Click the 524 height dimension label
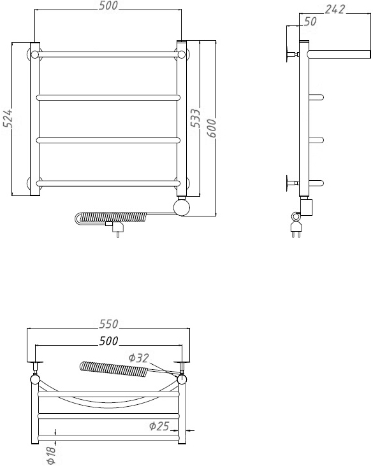(x=8, y=118)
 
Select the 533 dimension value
(x=195, y=118)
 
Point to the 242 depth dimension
(x=335, y=10)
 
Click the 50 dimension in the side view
(x=310, y=22)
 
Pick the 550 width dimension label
(x=108, y=323)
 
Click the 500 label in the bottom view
(x=108, y=341)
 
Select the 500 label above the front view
(x=108, y=6)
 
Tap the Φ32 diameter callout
(x=139, y=358)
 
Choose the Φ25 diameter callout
(x=159, y=426)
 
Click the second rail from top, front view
(x=108, y=97)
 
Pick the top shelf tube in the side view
(x=339, y=54)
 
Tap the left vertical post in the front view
(x=35, y=119)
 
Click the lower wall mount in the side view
(x=292, y=183)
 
